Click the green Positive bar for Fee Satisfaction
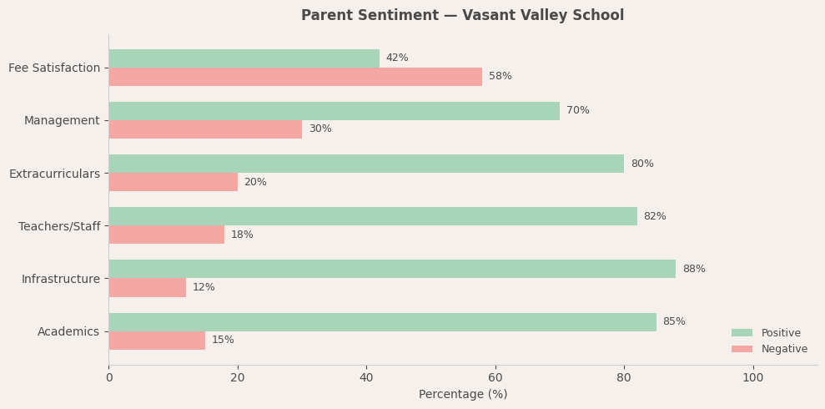point(244,58)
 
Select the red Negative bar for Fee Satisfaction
point(295,77)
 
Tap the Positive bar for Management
point(334,111)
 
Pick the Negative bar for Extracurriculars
point(173,182)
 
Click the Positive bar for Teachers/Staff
point(373,216)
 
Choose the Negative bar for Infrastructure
point(147,287)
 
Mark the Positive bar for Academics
point(382,322)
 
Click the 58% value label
point(501,77)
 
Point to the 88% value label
point(694,270)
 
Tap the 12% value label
point(204,288)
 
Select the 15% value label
point(223,341)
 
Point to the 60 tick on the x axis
point(496,378)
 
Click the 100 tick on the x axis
point(752,378)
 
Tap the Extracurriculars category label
point(54,174)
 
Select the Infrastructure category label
point(60,279)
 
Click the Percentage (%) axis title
point(463,395)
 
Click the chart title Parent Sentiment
point(462,16)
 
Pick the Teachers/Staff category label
point(59,226)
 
